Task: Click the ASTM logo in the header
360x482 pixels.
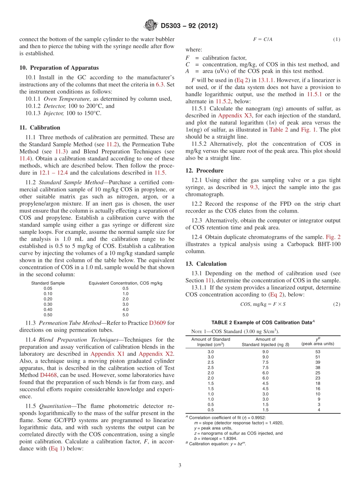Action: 150,26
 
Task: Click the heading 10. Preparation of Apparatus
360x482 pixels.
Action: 59,68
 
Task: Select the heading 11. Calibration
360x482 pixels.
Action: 40,128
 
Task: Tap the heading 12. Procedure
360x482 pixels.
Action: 204,171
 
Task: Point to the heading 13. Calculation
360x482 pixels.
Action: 206,264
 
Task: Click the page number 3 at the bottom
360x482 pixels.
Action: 180,465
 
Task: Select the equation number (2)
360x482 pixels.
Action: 337,304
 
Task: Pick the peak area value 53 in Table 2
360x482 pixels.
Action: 318,352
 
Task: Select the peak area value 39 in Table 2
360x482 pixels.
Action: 318,362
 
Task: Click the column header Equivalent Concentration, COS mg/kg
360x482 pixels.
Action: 125,283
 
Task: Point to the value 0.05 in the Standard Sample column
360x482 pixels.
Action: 48,288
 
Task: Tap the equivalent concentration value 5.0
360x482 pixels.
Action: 125,315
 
